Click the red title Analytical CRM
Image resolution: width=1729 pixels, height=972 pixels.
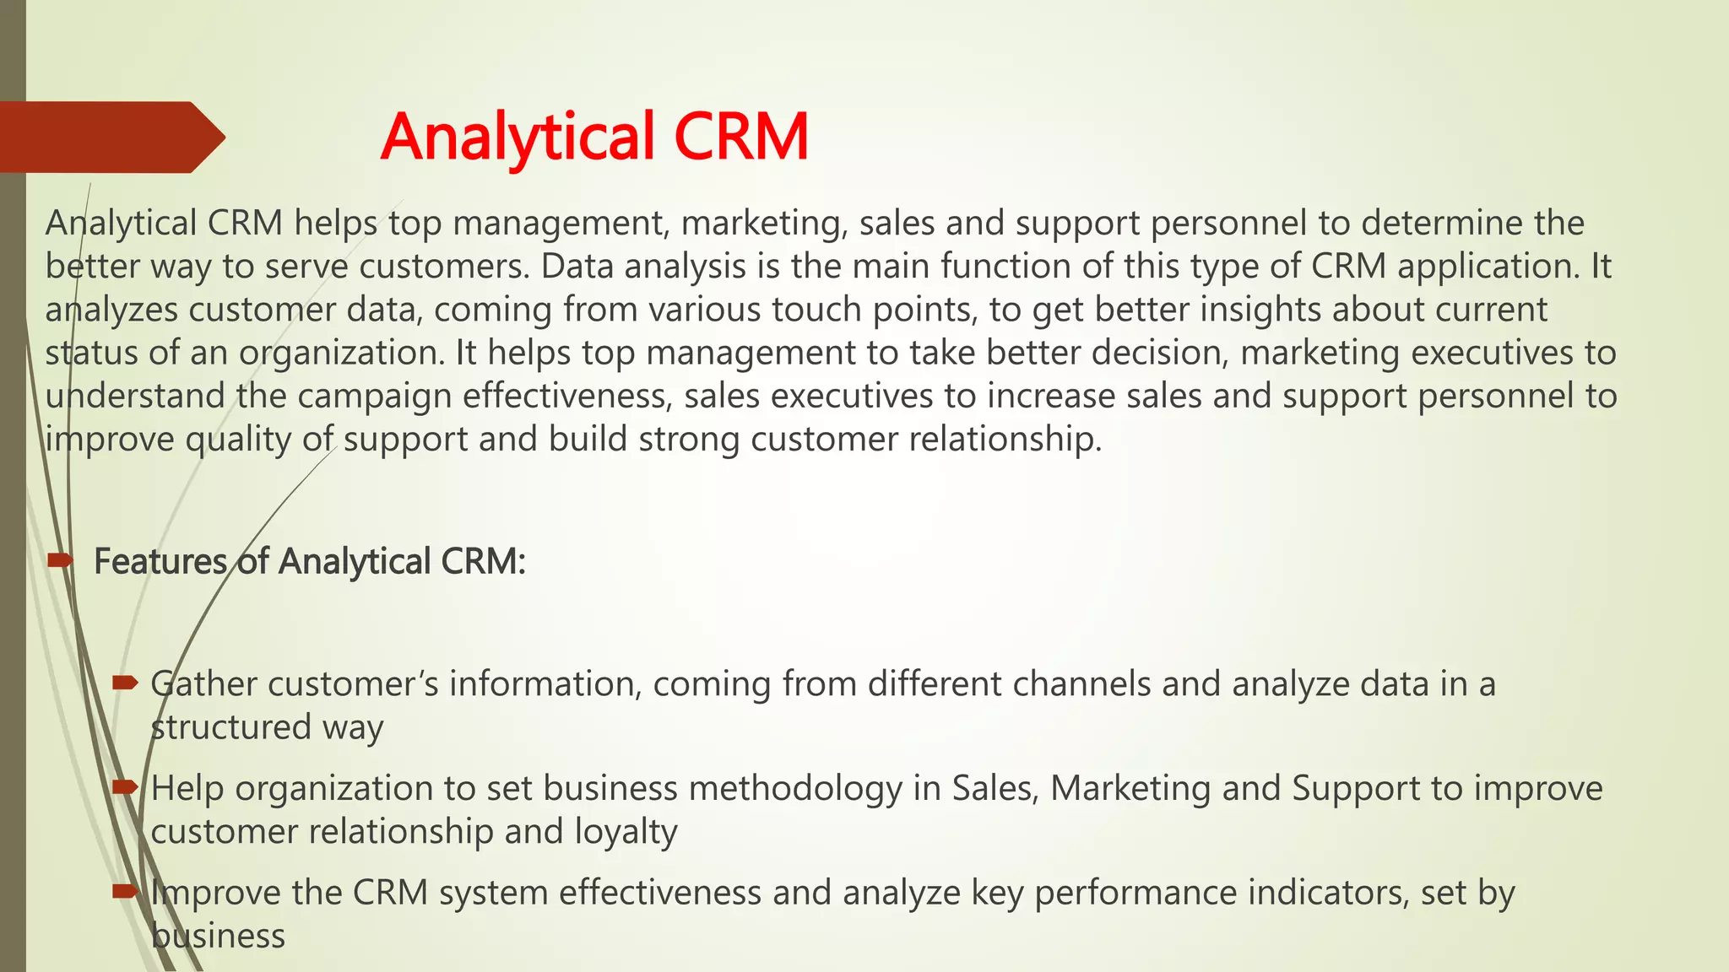click(594, 137)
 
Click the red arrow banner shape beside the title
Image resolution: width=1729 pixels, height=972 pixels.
click(110, 137)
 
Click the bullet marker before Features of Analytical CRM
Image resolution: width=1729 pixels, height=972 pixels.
click(61, 560)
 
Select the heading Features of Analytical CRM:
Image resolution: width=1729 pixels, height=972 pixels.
click(309, 562)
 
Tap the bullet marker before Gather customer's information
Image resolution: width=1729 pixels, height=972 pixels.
click(125, 683)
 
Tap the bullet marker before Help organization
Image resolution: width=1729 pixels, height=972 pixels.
click(125, 787)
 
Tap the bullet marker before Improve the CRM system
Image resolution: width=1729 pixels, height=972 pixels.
click(125, 891)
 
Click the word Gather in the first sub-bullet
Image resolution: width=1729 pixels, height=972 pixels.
click(203, 684)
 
